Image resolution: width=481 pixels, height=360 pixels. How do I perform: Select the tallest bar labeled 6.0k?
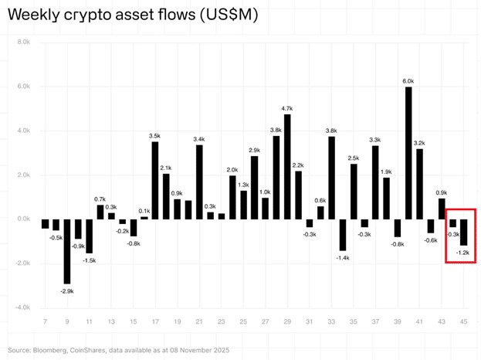(x=408, y=153)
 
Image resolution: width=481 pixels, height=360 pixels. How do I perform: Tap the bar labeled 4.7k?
(x=287, y=166)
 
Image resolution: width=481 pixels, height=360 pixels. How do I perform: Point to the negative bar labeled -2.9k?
(x=67, y=251)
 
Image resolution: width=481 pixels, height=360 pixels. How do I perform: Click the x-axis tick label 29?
(x=287, y=321)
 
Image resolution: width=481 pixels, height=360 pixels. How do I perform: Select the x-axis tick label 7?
(x=45, y=321)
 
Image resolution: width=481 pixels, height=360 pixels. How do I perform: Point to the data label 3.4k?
(x=199, y=139)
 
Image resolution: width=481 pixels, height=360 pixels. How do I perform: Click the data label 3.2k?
(x=420, y=143)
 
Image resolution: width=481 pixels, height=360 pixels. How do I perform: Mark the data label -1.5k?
(x=90, y=260)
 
